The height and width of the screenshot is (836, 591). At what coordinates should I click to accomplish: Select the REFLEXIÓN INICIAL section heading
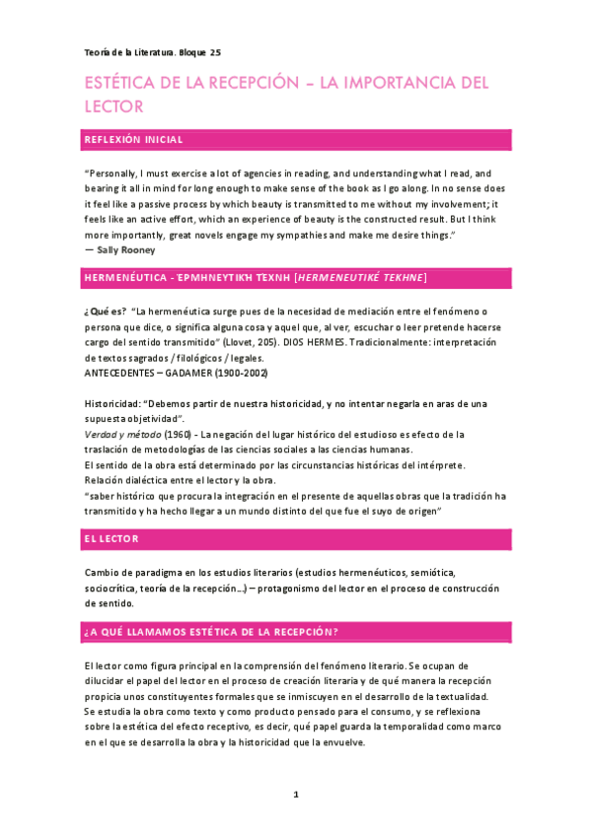(x=133, y=139)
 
